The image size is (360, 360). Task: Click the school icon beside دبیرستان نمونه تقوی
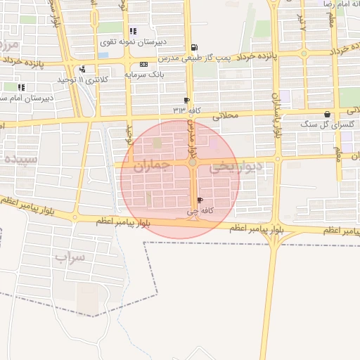pyautogui.click(x=133, y=32)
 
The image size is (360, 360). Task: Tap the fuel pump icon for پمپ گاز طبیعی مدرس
pyautogui.click(x=194, y=48)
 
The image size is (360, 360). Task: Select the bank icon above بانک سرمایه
pyautogui.click(x=143, y=64)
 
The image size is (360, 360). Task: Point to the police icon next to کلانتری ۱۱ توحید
pyautogui.click(x=83, y=69)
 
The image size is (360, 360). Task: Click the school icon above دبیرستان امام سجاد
pyautogui.click(x=21, y=87)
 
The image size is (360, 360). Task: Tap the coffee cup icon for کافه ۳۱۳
pyautogui.click(x=186, y=101)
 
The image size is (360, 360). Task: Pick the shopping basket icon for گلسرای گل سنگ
pyautogui.click(x=327, y=114)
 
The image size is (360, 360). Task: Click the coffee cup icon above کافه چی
pyautogui.click(x=200, y=200)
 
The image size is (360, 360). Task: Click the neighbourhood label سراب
pyautogui.click(x=70, y=257)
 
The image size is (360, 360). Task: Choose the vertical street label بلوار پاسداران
pyautogui.click(x=276, y=112)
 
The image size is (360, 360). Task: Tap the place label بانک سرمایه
pyautogui.click(x=144, y=73)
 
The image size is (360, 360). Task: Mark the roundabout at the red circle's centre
pyautogui.click(x=192, y=163)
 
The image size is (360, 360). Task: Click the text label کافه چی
pyautogui.click(x=200, y=210)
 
